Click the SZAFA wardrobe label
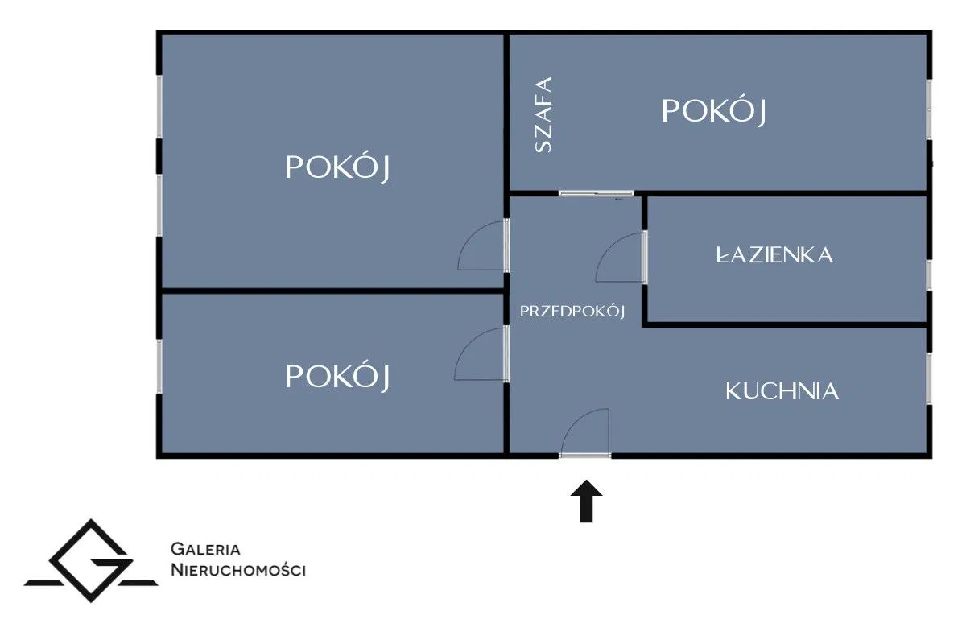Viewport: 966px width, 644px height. tap(544, 114)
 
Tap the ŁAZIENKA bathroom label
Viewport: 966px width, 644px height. tap(774, 255)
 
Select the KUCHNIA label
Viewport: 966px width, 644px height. tap(782, 391)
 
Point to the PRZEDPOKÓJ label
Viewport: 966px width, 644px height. tap(572, 311)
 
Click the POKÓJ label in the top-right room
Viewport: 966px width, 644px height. tap(713, 111)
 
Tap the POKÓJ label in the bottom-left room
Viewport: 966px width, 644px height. tap(338, 376)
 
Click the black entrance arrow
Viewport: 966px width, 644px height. tap(588, 502)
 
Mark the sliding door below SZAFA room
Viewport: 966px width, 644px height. tap(597, 194)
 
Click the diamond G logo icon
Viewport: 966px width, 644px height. tap(90, 561)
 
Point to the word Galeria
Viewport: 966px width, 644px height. tap(206, 550)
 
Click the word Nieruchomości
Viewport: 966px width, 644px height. tap(238, 570)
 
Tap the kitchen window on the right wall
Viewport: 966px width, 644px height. tap(928, 378)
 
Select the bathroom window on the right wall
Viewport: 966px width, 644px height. tap(928, 275)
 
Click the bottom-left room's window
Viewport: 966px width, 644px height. tap(159, 365)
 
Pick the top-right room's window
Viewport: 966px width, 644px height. tap(928, 109)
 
